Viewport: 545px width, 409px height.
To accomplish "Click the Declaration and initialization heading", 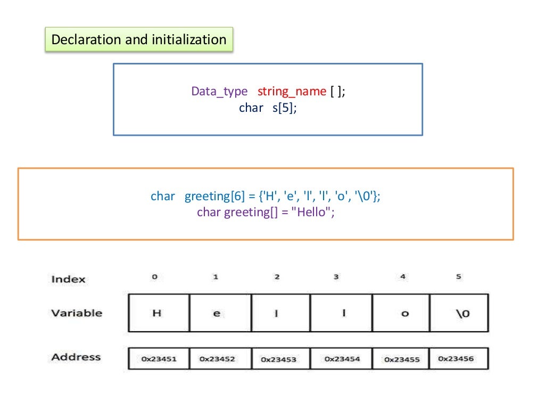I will pyautogui.click(x=138, y=39).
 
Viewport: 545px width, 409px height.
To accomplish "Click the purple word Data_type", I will pyautogui.click(x=219, y=91).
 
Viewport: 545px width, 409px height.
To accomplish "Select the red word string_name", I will pyautogui.click(x=292, y=91).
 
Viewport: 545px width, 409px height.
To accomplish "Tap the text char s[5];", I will pyautogui.click(x=267, y=108).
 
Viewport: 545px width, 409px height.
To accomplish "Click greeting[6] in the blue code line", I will pyautogui.click(x=214, y=196).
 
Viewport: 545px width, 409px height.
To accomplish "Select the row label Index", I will pyautogui.click(x=68, y=279).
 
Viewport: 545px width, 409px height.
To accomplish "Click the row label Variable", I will pyautogui.click(x=77, y=313).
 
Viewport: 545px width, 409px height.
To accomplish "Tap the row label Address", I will pyautogui.click(x=76, y=357).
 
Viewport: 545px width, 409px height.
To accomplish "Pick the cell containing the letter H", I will pyautogui.click(x=158, y=313).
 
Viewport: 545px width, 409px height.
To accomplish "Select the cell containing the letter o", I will pyautogui.click(x=404, y=313).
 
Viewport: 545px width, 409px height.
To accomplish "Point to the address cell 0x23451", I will pyautogui.click(x=159, y=359).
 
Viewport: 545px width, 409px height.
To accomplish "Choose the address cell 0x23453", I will pyautogui.click(x=278, y=359).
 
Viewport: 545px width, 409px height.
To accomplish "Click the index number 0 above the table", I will pyautogui.click(x=154, y=277).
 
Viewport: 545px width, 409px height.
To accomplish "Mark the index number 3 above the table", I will pyautogui.click(x=336, y=277).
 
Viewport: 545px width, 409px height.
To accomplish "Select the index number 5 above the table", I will pyautogui.click(x=459, y=277).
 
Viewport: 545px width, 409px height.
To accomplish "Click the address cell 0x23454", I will pyautogui.click(x=342, y=359).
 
